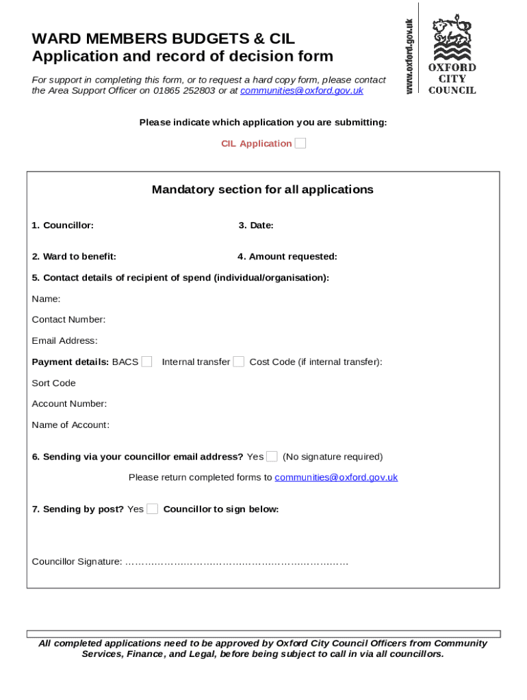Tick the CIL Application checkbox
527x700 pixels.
click(300, 144)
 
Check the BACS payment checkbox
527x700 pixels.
click(146, 362)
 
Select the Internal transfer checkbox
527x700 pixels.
click(238, 362)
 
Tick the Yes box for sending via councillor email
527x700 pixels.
click(272, 457)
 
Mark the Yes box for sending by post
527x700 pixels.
click(152, 509)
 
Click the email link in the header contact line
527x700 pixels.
click(301, 90)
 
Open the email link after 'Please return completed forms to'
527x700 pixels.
click(335, 477)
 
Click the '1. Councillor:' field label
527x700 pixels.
click(62, 226)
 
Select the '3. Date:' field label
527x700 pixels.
click(256, 226)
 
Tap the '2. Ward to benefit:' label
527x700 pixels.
click(73, 257)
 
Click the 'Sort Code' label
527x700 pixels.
click(53, 383)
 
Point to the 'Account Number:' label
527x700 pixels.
click(69, 404)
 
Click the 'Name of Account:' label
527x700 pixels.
click(70, 425)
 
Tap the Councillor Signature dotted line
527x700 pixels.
click(237, 562)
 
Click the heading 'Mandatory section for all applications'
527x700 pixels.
click(263, 189)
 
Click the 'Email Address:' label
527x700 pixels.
click(64, 340)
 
